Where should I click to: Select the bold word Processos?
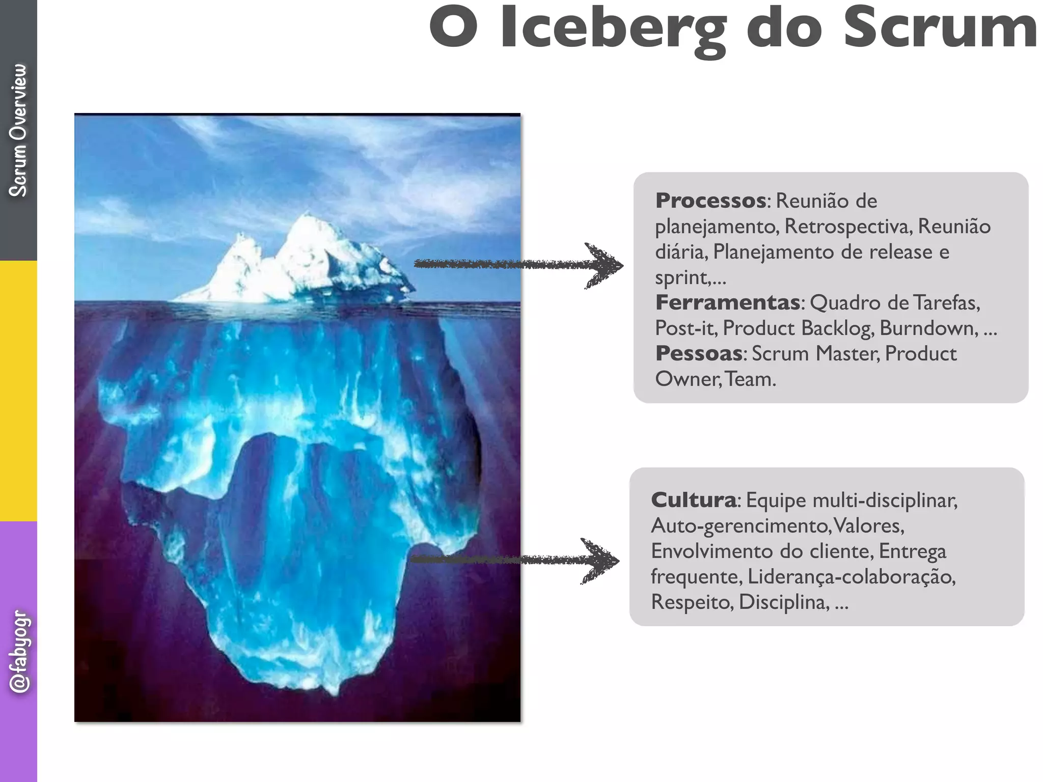tap(710, 201)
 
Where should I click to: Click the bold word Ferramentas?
tap(727, 302)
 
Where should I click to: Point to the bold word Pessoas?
tap(699, 353)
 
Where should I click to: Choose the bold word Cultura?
tap(694, 500)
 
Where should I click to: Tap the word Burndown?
tap(928, 328)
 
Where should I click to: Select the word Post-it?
tap(685, 328)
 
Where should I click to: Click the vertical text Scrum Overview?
tap(18, 130)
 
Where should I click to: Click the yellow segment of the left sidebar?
tap(18, 391)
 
